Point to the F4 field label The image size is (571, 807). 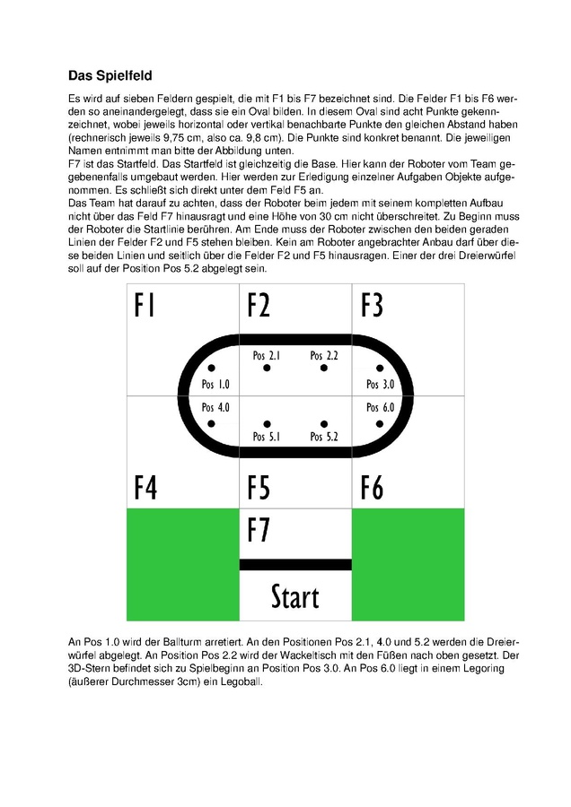click(145, 489)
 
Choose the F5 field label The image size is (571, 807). click(259, 489)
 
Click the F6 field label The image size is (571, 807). click(372, 489)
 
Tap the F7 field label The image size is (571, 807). click(259, 531)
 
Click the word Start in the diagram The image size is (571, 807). click(294, 596)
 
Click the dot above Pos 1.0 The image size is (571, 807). click(211, 368)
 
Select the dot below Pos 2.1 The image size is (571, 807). click(267, 368)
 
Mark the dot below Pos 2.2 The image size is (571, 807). click(323, 368)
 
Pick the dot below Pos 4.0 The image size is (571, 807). click(211, 424)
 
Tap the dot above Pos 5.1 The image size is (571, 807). click(267, 424)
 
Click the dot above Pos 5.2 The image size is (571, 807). click(323, 424)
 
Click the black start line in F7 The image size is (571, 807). click(295, 564)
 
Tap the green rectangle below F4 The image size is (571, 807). click(183, 564)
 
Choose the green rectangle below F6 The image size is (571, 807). click(408, 564)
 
